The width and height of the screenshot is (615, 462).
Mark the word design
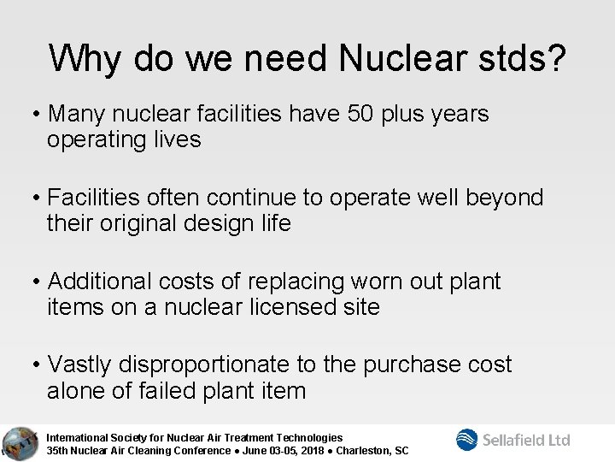pos(233,224)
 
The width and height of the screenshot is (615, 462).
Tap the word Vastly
pos(82,364)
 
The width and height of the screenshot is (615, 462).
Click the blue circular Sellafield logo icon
pos(468,439)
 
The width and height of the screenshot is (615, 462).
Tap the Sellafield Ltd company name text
pos(527,440)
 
